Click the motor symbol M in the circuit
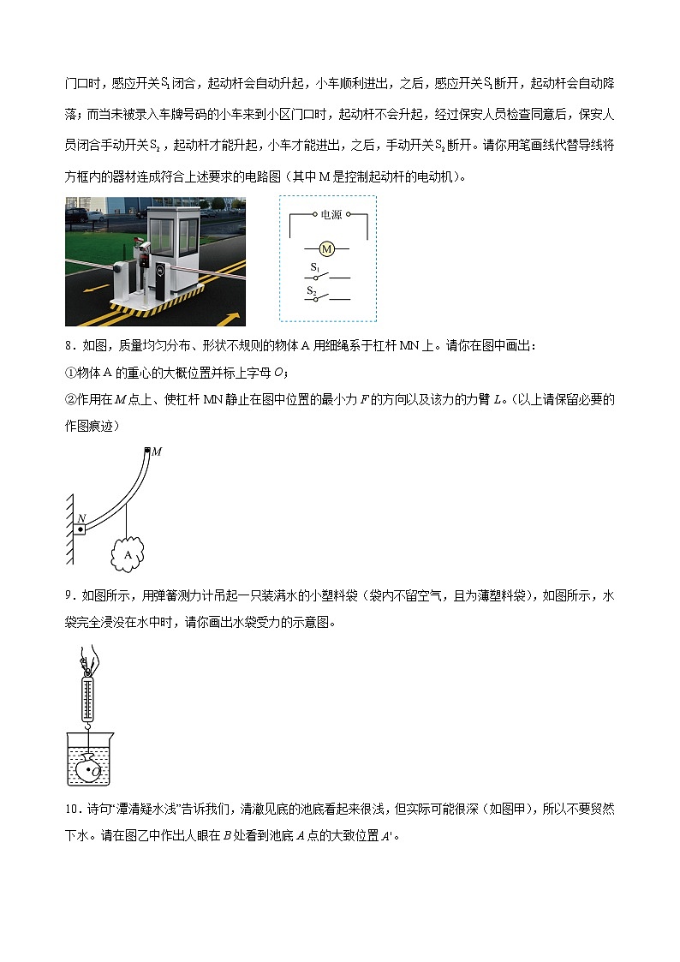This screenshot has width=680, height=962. (326, 249)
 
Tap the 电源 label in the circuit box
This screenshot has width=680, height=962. (331, 216)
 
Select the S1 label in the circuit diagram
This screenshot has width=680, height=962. (314, 268)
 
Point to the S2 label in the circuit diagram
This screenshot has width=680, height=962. (313, 291)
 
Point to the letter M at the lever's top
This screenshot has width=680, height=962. (158, 451)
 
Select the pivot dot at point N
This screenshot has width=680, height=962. (79, 530)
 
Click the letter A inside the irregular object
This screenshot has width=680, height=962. (128, 554)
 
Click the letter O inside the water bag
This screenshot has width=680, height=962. (97, 771)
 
